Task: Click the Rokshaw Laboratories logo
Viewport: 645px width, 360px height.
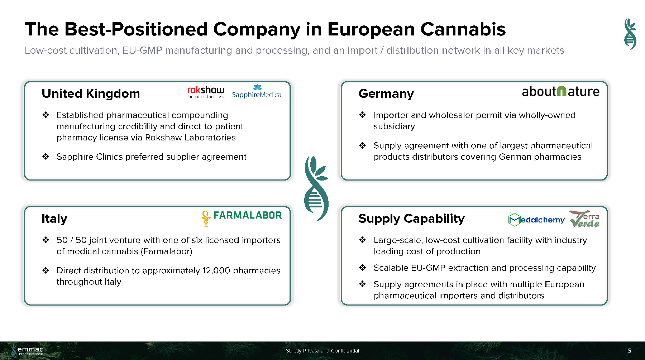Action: point(206,92)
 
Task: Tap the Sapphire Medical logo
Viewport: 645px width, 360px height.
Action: point(257,91)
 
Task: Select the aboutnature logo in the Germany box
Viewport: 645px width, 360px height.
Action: point(560,91)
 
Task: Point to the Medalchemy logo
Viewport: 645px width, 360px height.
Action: point(536,220)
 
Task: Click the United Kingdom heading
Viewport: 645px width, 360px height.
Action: point(91,93)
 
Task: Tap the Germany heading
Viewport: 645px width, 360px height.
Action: point(386,94)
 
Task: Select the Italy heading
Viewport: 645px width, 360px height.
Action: point(54,219)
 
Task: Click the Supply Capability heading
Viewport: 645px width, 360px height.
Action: point(411,219)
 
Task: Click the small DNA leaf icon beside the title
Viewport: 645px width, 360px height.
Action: point(630,34)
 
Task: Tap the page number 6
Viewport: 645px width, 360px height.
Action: point(629,351)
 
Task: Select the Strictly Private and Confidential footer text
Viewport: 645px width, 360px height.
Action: point(322,351)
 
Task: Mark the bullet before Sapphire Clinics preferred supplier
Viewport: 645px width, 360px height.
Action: point(46,157)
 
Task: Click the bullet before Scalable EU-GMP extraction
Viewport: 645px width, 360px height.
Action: point(362,268)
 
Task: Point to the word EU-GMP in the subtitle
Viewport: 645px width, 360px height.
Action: point(142,51)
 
